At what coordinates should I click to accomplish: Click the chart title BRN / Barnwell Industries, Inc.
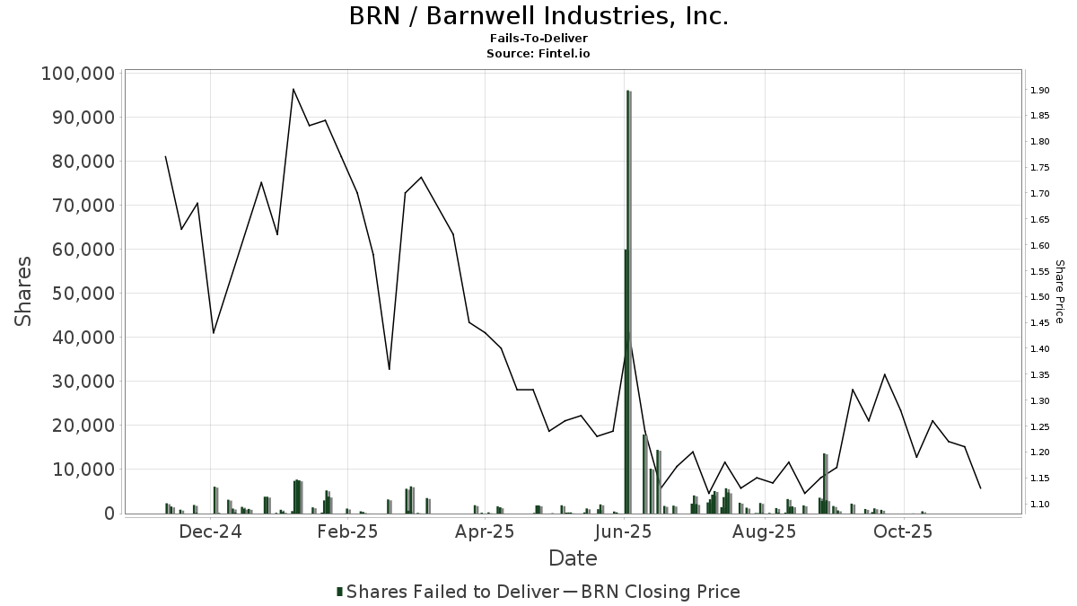[538, 16]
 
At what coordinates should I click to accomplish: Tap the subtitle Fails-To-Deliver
[538, 39]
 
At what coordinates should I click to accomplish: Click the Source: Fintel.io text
[538, 53]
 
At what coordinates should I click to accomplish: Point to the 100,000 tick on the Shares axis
[77, 74]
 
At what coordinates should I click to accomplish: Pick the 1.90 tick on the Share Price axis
[1040, 91]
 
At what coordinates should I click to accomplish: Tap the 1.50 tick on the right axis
[1040, 297]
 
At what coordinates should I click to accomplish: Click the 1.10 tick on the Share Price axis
[1040, 505]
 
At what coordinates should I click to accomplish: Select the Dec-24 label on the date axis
[211, 531]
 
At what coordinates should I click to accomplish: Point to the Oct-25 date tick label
[904, 531]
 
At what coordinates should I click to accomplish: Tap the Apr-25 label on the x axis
[485, 531]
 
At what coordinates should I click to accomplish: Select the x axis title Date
[573, 558]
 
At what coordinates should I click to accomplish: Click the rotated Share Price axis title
[1059, 292]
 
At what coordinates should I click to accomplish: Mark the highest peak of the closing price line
[293, 89]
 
